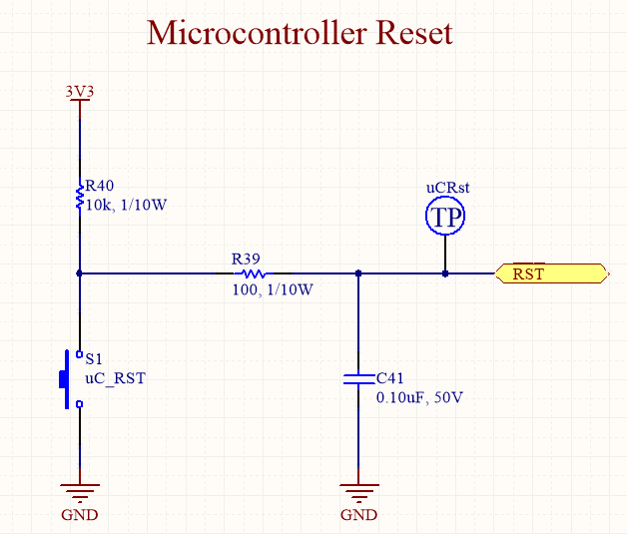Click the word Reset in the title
click(x=413, y=33)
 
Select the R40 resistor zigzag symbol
click(x=79, y=196)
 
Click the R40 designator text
click(x=100, y=186)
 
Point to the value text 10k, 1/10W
click(x=125, y=204)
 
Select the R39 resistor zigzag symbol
click(x=253, y=272)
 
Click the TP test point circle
click(x=445, y=217)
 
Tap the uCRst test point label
click(x=447, y=187)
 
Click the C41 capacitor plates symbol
click(x=358, y=379)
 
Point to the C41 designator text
click(x=390, y=378)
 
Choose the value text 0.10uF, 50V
click(x=419, y=396)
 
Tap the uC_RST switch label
click(x=114, y=377)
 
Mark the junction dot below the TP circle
click(x=445, y=272)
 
